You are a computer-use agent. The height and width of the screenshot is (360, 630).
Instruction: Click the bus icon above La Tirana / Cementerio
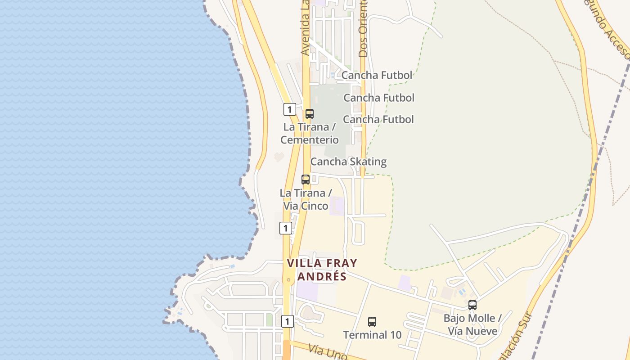pyautogui.click(x=310, y=114)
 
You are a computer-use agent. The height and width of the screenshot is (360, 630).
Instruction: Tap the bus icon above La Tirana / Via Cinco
pyautogui.click(x=306, y=180)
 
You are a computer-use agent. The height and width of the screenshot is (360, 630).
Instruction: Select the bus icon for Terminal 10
pyautogui.click(x=372, y=322)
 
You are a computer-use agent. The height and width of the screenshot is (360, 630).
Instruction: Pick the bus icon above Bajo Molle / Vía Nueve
pyautogui.click(x=472, y=305)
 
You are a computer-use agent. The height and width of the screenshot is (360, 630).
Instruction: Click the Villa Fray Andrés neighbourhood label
pyautogui.click(x=322, y=270)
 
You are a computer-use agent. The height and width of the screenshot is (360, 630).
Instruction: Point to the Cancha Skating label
pyautogui.click(x=348, y=162)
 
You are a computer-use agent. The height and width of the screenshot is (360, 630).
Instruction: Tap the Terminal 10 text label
pyautogui.click(x=372, y=335)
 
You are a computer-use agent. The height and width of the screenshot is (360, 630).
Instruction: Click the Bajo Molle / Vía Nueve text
pyautogui.click(x=472, y=325)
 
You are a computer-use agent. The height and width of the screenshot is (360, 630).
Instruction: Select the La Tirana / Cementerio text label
pyautogui.click(x=310, y=134)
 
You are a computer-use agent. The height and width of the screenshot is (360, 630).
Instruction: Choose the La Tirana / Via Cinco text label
pyautogui.click(x=306, y=199)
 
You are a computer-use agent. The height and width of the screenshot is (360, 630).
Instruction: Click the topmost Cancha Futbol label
pyautogui.click(x=377, y=75)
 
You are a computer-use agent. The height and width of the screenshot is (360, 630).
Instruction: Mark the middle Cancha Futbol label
pyautogui.click(x=379, y=98)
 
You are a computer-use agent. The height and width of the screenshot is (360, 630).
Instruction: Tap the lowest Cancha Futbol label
pyautogui.click(x=378, y=119)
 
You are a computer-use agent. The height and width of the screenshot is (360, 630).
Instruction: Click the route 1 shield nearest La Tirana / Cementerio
pyautogui.click(x=289, y=109)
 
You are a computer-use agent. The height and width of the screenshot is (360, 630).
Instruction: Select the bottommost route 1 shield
pyautogui.click(x=288, y=321)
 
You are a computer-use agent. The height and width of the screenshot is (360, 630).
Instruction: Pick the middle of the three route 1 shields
pyautogui.click(x=285, y=228)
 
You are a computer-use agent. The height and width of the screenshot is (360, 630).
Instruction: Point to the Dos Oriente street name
pyautogui.click(x=363, y=28)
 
